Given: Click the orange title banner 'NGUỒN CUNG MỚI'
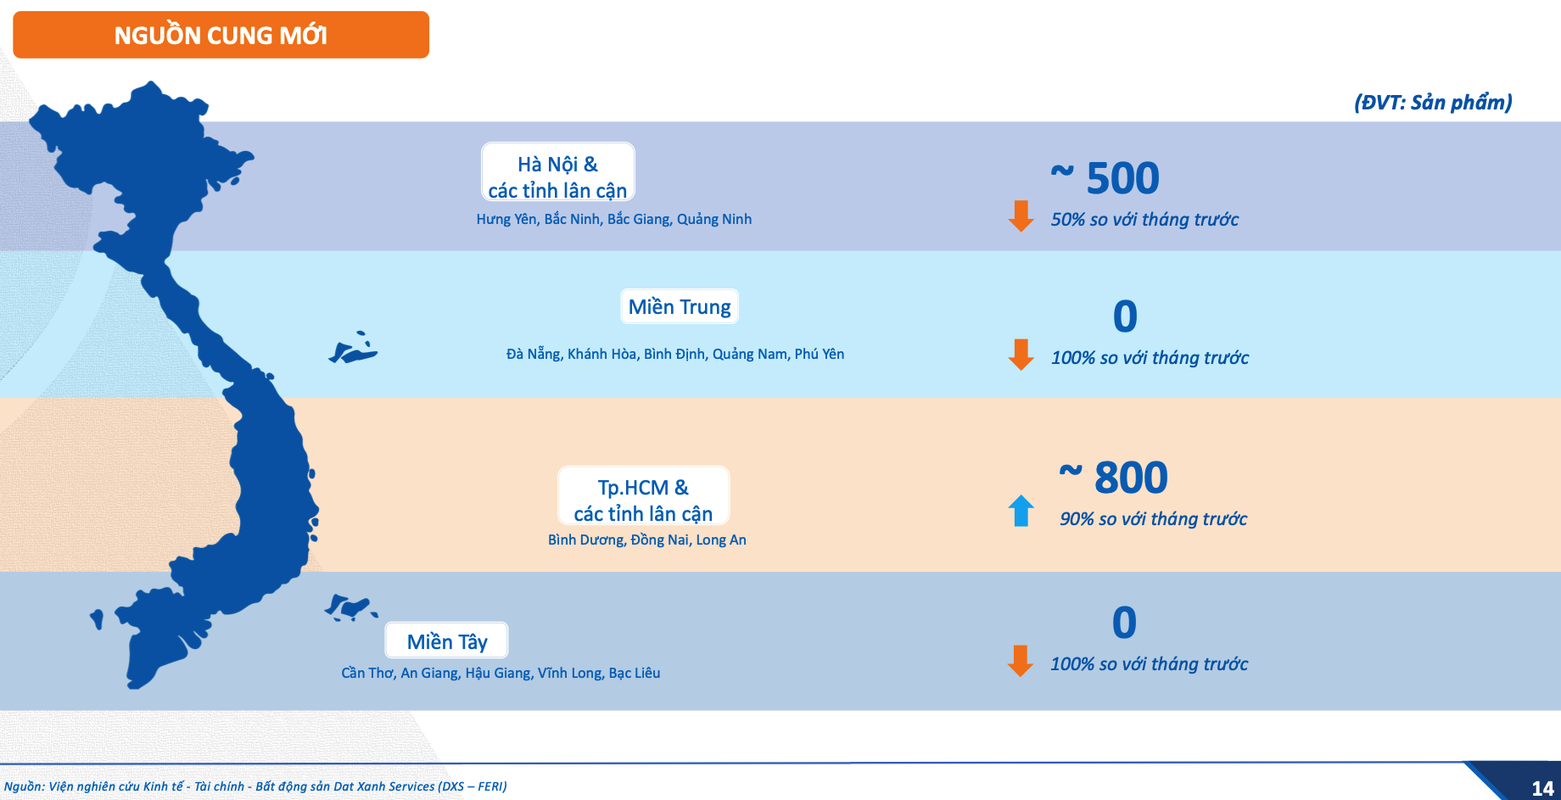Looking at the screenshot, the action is (221, 35).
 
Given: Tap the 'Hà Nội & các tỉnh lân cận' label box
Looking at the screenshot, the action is (558, 172).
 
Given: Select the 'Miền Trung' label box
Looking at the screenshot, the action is (680, 306).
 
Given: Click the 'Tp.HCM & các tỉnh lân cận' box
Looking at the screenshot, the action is (643, 495).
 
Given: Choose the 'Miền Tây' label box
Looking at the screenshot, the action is (447, 641).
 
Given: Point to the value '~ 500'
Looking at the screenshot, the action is (1105, 177).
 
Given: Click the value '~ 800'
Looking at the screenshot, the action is (1114, 477).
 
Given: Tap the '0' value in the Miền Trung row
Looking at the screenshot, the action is (1125, 316).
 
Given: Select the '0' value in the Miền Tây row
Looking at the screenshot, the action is (1124, 623).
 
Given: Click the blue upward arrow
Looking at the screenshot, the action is (1021, 511).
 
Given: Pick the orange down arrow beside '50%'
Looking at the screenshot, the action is (1021, 216).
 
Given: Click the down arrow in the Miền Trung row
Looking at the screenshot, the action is (1021, 355).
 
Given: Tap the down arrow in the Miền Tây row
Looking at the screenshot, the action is (1021, 661).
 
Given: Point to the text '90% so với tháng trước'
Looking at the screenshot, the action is (1153, 518).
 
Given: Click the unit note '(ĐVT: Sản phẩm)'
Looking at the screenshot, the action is (1433, 103).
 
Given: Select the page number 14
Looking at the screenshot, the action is (1542, 788).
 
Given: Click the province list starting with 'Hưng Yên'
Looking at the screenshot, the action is (613, 219).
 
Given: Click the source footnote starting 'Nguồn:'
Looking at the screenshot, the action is (255, 786).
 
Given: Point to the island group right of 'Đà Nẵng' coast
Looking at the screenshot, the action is (354, 348).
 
